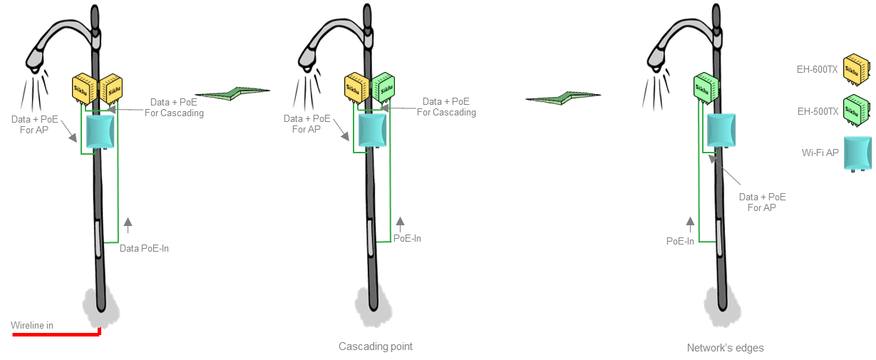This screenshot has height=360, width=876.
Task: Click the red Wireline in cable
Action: [x=57, y=333]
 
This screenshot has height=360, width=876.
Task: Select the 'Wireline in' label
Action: [x=32, y=325]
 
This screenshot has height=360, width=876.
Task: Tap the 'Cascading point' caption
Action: [x=375, y=346]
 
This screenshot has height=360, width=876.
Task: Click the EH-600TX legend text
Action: [x=817, y=69]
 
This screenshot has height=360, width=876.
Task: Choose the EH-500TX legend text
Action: [x=817, y=111]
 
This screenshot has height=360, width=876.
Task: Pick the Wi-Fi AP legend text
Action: [x=820, y=153]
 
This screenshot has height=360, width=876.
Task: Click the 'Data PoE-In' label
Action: [x=144, y=248]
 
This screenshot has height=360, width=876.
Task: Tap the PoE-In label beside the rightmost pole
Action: [x=680, y=241]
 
